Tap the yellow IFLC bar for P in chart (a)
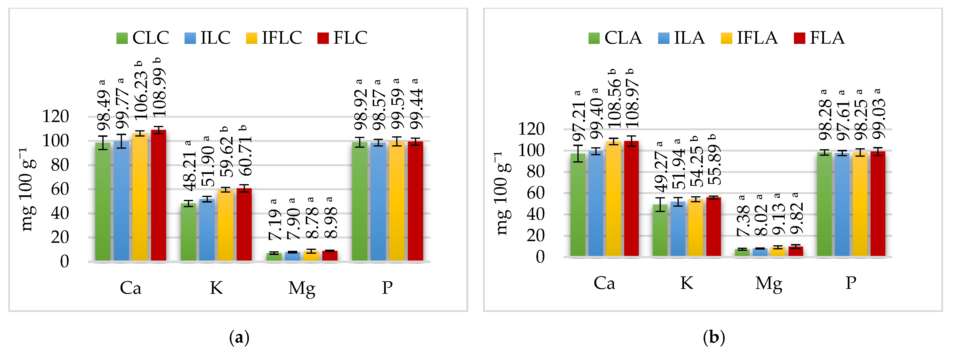coord(396,202)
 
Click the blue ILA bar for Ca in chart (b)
coord(596,204)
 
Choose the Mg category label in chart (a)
coord(301,288)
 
